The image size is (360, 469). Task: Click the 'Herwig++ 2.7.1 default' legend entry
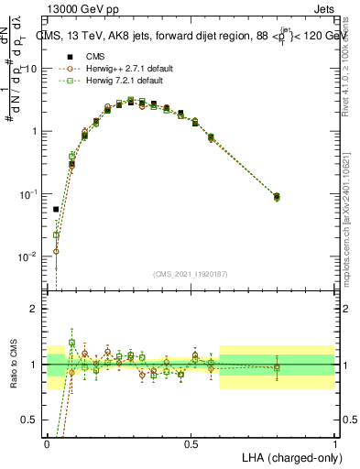pyautogui.click(x=119, y=69)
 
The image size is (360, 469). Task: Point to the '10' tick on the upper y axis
pyautogui.click(x=33, y=69)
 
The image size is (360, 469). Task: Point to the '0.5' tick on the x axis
pyautogui.click(x=191, y=443)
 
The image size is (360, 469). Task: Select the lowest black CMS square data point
pyautogui.click(x=57, y=209)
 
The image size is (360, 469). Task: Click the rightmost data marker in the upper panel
pyautogui.click(x=278, y=197)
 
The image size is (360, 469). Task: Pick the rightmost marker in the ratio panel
pyautogui.click(x=278, y=367)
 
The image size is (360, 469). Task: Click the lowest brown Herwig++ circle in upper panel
pyautogui.click(x=57, y=251)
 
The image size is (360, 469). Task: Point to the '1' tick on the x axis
pyautogui.click(x=335, y=443)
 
